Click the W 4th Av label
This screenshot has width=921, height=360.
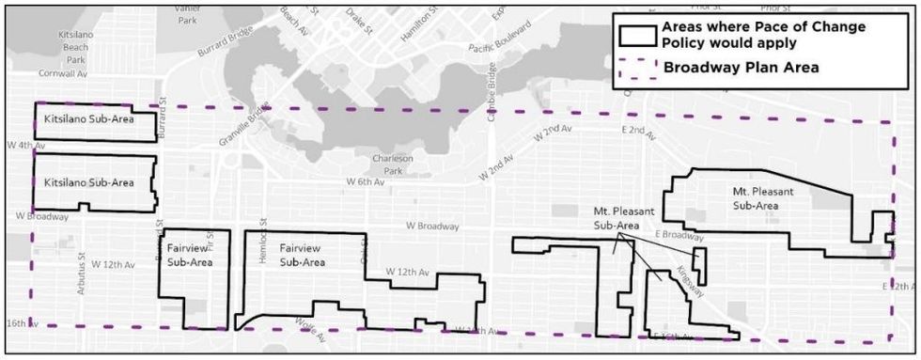point(25,146)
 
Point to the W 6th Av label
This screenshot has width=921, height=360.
point(364,181)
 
